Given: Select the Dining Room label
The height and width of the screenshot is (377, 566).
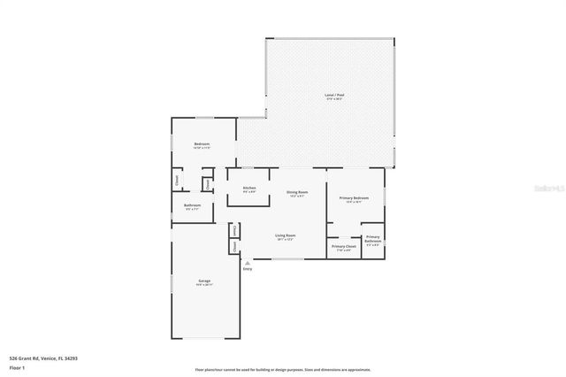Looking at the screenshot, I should point(296,192).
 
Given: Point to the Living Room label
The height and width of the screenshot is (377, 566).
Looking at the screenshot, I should point(284,235).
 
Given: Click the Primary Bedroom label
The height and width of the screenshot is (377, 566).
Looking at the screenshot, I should point(355,197).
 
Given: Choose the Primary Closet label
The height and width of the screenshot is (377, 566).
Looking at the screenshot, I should point(343,245).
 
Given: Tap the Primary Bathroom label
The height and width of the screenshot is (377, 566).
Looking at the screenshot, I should point(372,239).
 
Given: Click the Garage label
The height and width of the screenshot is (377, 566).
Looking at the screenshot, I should point(204,281).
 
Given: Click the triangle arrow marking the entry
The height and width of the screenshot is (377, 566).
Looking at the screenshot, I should point(247,263).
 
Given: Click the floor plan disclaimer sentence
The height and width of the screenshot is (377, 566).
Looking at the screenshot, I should point(283,369).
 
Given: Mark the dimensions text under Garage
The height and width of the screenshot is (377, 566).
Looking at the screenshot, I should point(204,285).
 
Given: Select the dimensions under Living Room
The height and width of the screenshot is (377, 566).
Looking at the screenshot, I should point(284,239).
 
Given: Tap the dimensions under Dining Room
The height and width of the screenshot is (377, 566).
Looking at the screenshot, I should point(296,196).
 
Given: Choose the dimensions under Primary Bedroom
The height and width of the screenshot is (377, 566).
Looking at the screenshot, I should point(355,202).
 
